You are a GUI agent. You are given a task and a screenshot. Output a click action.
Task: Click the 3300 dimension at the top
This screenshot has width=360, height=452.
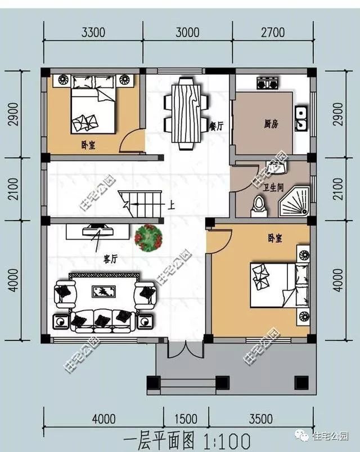(93, 32)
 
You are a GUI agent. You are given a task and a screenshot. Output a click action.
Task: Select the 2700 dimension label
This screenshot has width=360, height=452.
(273, 32)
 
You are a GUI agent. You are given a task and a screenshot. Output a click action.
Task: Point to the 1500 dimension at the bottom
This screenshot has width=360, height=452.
(186, 419)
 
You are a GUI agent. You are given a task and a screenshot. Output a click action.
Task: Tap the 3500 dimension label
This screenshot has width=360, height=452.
(261, 419)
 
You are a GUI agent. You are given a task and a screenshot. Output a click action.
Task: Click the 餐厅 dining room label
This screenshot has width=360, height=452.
(217, 126)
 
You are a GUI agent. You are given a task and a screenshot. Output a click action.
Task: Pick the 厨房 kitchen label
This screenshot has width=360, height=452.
(271, 124)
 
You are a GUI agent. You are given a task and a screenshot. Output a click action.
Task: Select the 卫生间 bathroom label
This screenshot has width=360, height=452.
(273, 188)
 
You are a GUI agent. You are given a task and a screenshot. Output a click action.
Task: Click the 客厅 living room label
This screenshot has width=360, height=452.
(110, 259)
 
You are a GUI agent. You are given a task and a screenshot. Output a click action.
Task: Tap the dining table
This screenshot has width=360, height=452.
(186, 113)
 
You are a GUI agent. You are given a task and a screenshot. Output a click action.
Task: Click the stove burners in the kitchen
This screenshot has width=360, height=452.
(268, 83)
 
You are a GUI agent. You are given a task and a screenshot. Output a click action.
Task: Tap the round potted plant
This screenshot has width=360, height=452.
(148, 239)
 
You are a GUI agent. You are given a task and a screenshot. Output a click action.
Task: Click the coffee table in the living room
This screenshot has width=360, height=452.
(103, 292)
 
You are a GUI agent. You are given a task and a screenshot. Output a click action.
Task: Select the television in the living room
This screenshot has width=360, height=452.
(97, 231)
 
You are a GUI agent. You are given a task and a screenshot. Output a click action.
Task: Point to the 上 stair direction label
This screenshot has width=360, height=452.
(172, 205)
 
